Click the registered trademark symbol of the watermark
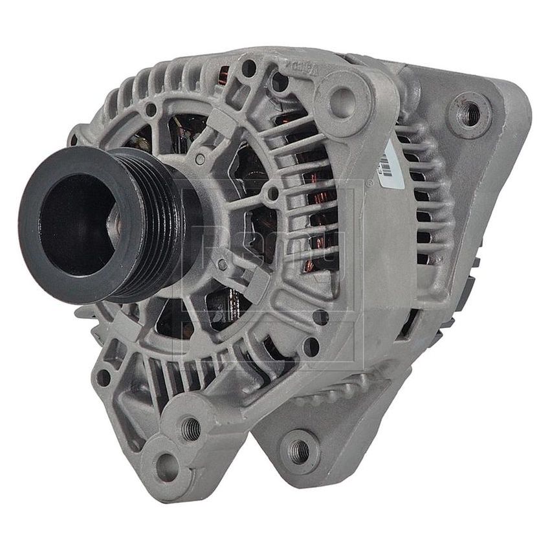(x=369, y=183)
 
